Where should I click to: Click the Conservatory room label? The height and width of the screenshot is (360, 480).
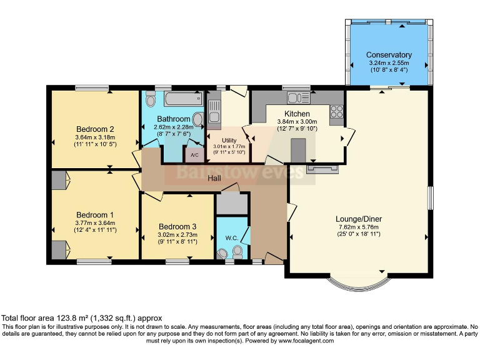tap(389, 55)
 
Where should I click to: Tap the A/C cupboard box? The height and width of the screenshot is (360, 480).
tap(195, 154)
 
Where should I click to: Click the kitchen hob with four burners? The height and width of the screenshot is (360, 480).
tap(337, 111)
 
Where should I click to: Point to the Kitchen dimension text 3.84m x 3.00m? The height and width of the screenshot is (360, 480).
tap(297, 121)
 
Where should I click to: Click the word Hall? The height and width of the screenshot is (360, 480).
tap(214, 178)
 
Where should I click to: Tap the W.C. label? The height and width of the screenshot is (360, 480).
tap(232, 238)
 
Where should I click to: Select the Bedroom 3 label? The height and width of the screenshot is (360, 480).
tap(177, 226)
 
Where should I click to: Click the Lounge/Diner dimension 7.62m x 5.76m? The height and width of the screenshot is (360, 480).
tap(359, 227)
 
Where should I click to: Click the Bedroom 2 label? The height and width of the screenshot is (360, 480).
tap(95, 129)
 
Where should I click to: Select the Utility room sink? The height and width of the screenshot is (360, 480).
tap(214, 111)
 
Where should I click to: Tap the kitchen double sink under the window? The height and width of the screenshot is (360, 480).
tap(299, 98)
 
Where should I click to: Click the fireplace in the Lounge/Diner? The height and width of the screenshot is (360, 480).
tap(322, 169)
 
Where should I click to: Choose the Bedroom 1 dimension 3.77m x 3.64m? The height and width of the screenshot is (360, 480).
tap(95, 223)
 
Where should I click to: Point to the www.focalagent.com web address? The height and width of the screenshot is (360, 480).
tap(306, 341)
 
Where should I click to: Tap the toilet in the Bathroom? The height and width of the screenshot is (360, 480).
tap(150, 99)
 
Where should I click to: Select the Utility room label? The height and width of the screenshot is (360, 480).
tap(229, 140)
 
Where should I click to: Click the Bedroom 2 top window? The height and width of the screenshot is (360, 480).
tap(92, 88)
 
